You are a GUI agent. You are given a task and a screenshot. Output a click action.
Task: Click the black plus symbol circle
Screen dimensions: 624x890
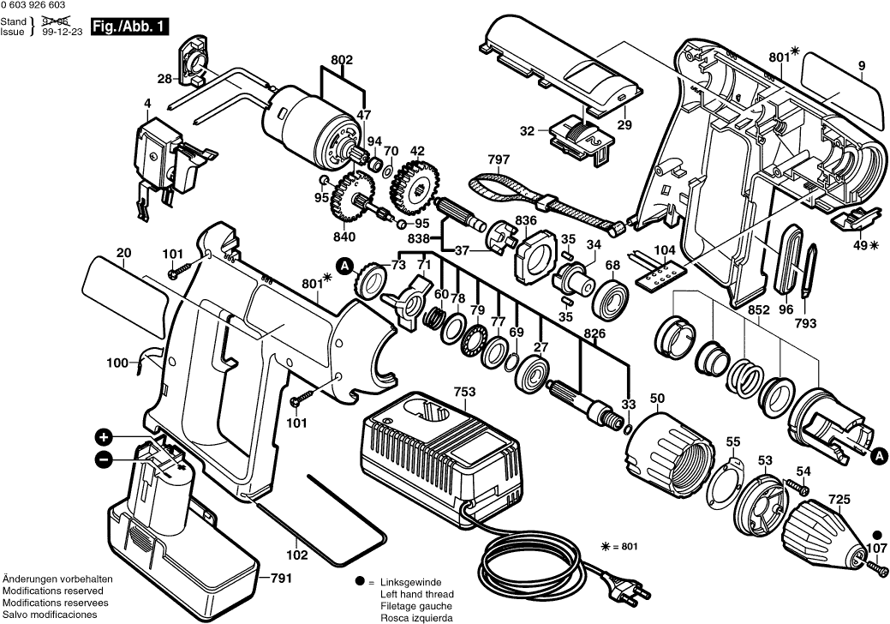pos(104,436)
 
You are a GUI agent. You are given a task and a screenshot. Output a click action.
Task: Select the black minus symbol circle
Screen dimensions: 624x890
pos(104,459)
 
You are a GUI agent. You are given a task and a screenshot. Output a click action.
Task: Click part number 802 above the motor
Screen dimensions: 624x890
pos(342,60)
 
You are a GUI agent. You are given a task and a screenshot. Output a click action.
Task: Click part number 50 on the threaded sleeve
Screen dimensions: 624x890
pos(657,399)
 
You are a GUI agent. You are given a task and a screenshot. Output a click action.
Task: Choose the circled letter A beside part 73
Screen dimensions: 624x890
pos(344,267)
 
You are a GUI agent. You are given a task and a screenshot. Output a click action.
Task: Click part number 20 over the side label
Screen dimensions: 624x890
pos(123,253)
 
